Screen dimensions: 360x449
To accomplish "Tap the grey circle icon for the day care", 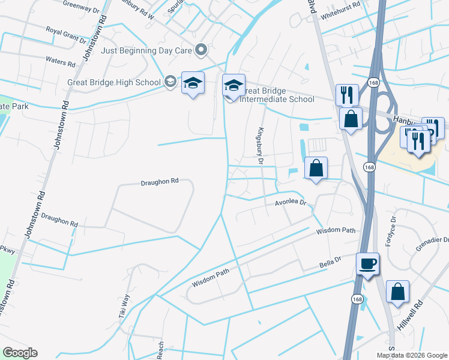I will (x=201, y=50).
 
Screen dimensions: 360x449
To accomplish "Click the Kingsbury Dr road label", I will (x=261, y=145).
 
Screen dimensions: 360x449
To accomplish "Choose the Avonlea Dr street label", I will (x=291, y=203).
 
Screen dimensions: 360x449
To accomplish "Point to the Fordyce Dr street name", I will (x=393, y=229).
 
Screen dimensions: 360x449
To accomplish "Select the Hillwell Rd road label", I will (x=411, y=316).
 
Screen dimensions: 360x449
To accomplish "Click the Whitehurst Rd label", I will (x=340, y=4).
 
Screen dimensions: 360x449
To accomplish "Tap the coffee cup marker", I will (x=367, y=263).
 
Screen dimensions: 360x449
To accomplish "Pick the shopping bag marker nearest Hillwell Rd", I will (x=397, y=292).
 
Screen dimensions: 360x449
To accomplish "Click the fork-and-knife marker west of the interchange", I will (x=347, y=94).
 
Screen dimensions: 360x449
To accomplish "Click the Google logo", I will (x=20, y=353).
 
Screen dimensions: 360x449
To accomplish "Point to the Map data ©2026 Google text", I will (x=411, y=355).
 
